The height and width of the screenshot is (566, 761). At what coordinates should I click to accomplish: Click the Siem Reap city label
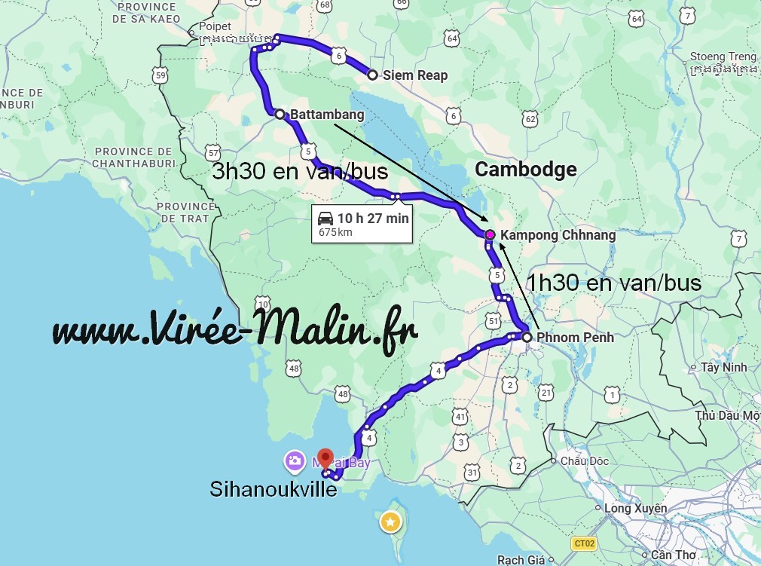pyautogui.click(x=414, y=75)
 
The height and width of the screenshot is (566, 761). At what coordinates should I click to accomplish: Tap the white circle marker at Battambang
pyautogui.click(x=280, y=115)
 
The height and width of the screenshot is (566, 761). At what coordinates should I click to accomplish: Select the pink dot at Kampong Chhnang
pyautogui.click(x=490, y=235)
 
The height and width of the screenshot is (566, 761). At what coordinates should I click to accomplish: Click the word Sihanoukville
pyautogui.click(x=274, y=491)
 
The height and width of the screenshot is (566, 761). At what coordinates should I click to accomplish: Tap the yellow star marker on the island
pyautogui.click(x=390, y=521)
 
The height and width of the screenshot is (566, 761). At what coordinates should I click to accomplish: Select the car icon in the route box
pyautogui.click(x=325, y=219)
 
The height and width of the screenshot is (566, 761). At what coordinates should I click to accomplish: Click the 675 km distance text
pyautogui.click(x=335, y=233)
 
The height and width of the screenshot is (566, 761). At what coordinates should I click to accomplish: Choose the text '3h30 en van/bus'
pyautogui.click(x=300, y=172)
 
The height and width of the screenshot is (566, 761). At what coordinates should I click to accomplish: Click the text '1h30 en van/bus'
pyautogui.click(x=613, y=283)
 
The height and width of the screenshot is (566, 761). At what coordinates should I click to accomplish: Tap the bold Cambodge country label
pyautogui.click(x=525, y=170)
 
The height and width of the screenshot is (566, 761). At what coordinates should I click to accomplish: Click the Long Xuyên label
pyautogui.click(x=636, y=509)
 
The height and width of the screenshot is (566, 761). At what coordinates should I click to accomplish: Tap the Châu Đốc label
pyautogui.click(x=582, y=460)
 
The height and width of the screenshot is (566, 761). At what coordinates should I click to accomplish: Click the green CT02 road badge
pyautogui.click(x=583, y=543)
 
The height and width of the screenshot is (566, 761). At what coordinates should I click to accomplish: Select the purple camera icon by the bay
pyautogui.click(x=294, y=460)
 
